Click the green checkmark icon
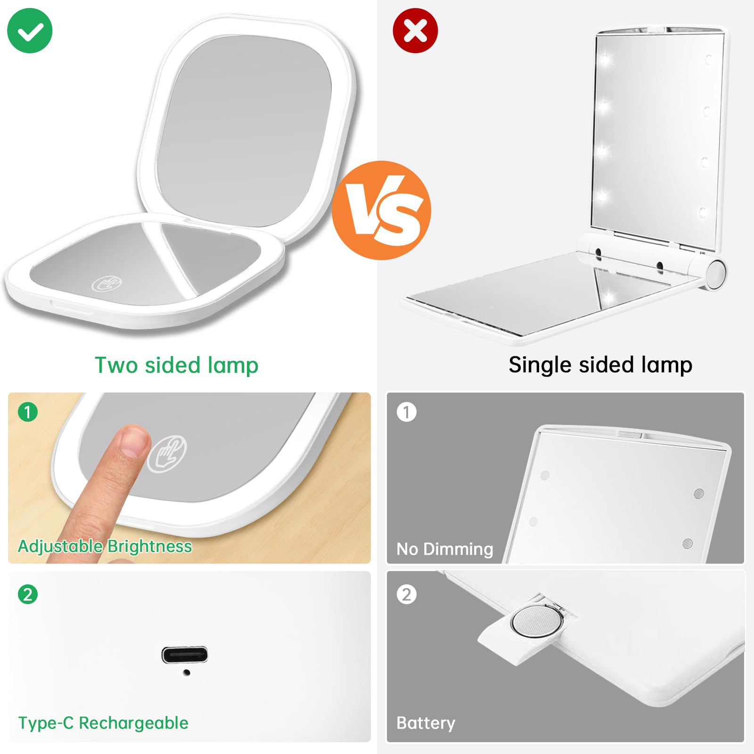coord(30,31)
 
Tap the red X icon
coord(415,31)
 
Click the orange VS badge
coord(381,210)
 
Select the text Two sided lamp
coord(177,365)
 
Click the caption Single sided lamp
coord(600,365)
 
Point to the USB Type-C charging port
coord(185,655)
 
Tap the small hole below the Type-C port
coord(187,672)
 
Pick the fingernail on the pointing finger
coord(134,442)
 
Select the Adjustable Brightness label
coord(105,546)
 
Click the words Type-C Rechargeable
coord(103,723)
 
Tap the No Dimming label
coord(445,549)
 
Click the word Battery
coord(426,723)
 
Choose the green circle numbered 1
coord(28,412)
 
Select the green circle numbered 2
coord(28,594)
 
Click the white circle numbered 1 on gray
coord(407,412)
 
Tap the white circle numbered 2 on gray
coord(407,594)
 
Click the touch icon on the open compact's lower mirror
coord(107,284)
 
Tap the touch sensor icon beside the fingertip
coord(167,453)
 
